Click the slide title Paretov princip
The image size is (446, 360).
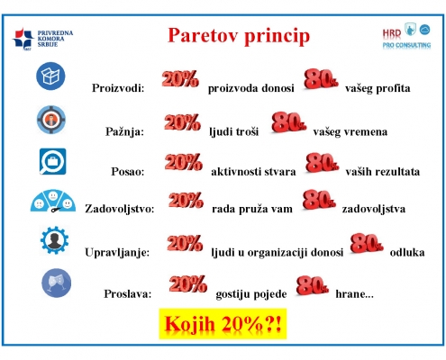click(x=239, y=36)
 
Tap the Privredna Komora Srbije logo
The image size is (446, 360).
click(x=43, y=40)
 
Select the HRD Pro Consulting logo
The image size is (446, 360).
click(x=406, y=36)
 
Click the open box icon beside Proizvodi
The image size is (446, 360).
click(x=50, y=76)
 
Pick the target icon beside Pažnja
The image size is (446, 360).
click(x=51, y=120)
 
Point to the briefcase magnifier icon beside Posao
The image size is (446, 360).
click(x=52, y=161)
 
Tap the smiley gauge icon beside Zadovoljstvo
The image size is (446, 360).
click(x=53, y=201)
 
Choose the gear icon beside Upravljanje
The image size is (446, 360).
click(x=54, y=240)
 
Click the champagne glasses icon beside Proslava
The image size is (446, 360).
click(x=56, y=283)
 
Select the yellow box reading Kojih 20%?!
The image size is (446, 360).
click(x=223, y=324)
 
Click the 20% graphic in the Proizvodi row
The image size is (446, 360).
click(x=180, y=79)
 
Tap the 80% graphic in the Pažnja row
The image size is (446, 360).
click(x=288, y=122)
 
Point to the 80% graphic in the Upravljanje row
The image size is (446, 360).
click(x=367, y=243)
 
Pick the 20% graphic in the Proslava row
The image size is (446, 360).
click(x=188, y=283)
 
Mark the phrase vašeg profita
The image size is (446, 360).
click(x=378, y=88)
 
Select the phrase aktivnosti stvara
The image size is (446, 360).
click(x=253, y=172)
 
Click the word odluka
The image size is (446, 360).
click(x=407, y=252)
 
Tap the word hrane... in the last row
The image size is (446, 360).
click(x=354, y=294)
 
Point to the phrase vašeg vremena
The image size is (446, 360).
click(x=350, y=132)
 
